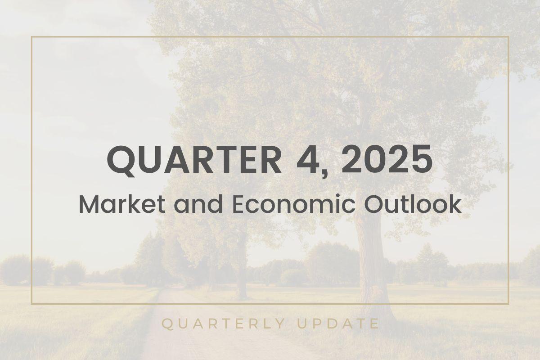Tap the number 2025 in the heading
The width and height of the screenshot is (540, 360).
pos(386,160)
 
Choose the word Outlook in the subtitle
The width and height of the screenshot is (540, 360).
pos(413,205)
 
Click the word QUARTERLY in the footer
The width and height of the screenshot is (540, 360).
pos(224,324)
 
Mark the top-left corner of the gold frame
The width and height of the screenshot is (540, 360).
pos(31,37)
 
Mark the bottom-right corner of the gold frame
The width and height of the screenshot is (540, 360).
pos(508,304)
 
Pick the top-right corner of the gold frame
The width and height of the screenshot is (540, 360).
pos(508,37)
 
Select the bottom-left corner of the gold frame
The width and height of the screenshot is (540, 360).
pos(31,304)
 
